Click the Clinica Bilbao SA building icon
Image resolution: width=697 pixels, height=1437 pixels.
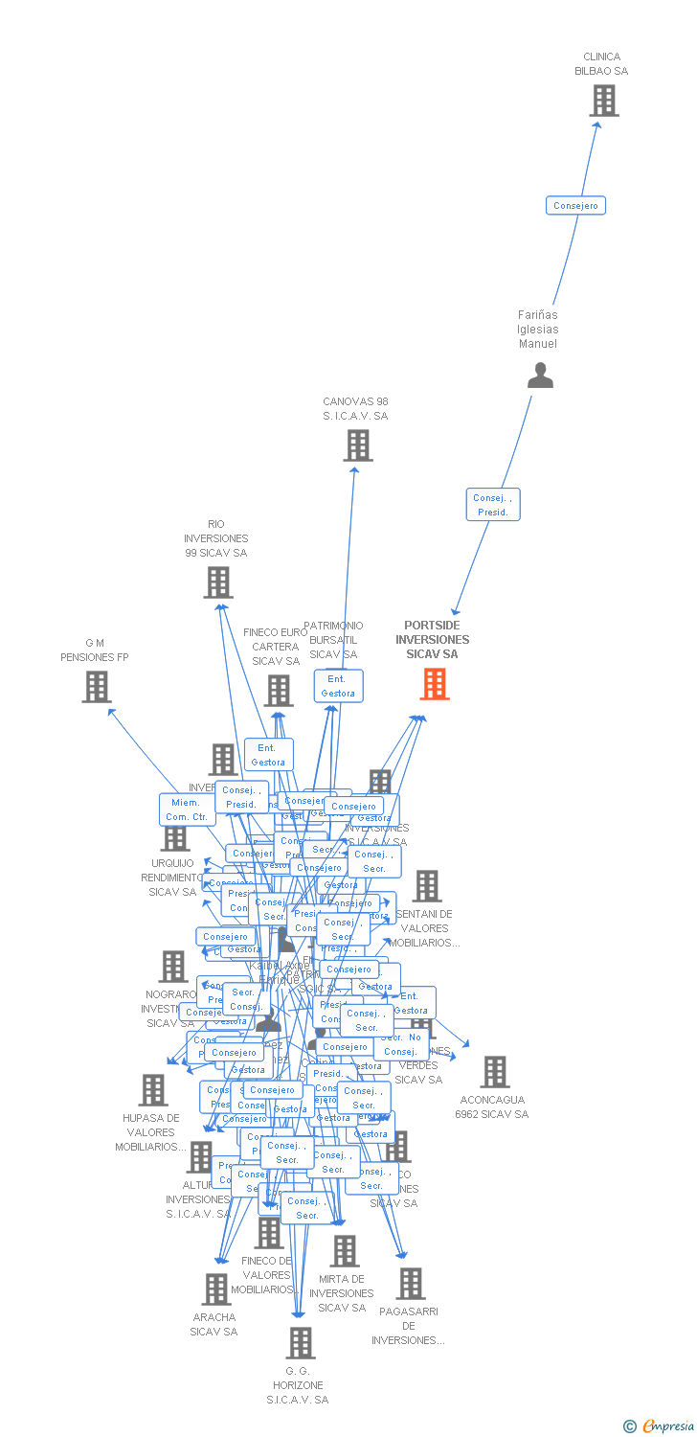tap(603, 101)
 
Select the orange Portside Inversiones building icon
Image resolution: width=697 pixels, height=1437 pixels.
tap(435, 684)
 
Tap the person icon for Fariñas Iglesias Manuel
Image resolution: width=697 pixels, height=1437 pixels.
tap(541, 376)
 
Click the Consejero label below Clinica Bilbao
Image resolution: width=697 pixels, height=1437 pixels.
tap(575, 206)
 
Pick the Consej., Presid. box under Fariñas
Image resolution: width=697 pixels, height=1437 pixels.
tap(493, 505)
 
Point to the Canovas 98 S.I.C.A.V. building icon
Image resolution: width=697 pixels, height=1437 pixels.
tap(358, 445)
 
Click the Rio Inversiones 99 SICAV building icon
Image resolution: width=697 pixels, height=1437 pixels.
tap(218, 582)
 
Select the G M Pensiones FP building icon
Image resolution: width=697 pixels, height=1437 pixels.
tap(96, 687)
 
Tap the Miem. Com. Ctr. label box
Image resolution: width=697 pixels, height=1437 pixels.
tap(186, 810)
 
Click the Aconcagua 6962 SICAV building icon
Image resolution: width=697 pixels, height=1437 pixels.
tap(495, 1072)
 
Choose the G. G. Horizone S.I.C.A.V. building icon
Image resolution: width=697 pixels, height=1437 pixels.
tap(301, 1343)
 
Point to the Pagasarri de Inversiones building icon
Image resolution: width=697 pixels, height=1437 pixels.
tap(411, 1284)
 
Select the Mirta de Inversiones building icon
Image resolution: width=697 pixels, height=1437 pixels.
tap(345, 1251)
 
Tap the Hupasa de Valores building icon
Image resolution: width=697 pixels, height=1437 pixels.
tap(153, 1090)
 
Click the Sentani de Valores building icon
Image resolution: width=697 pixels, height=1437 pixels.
tap(427, 886)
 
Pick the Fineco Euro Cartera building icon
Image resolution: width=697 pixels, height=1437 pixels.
tap(279, 691)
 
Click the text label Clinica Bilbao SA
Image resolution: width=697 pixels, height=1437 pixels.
tap(601, 64)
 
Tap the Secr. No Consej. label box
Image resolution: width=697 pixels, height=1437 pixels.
tap(400, 1044)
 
